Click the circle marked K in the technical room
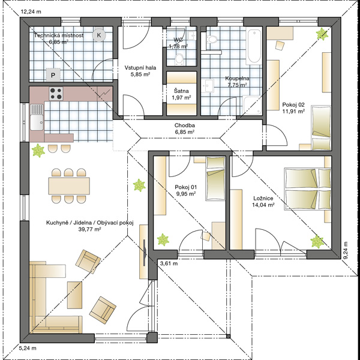click(99, 35)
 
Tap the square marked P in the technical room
click(53, 75)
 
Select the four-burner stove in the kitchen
click(56, 94)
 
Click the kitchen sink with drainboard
click(37, 117)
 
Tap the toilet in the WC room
click(179, 59)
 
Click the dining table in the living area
click(69, 186)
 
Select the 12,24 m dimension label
click(31, 12)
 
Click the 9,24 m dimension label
click(346, 250)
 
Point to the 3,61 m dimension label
click(169, 263)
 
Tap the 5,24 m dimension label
click(28, 348)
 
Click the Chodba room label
click(185, 125)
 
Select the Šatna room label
click(181, 91)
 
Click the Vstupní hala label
click(140, 68)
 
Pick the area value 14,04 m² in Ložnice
click(263, 205)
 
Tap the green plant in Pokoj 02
click(322, 34)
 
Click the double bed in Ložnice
click(308, 189)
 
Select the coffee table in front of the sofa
click(74, 295)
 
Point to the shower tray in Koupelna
click(252, 106)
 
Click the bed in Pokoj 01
click(215, 178)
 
